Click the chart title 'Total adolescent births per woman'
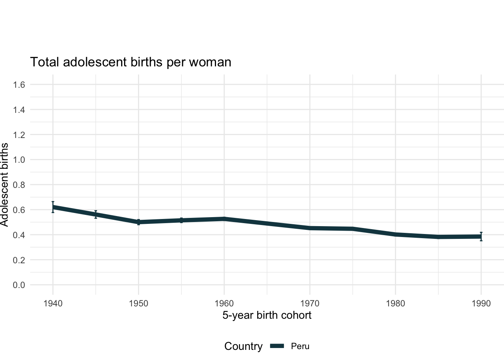pyautogui.click(x=130, y=62)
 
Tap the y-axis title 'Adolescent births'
pyautogui.click(x=4, y=184)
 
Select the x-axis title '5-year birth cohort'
pyautogui.click(x=267, y=315)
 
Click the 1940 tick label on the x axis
pyautogui.click(x=53, y=303)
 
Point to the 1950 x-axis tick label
pyautogui.click(x=138, y=303)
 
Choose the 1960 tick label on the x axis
pyautogui.click(x=224, y=303)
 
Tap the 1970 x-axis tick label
pyautogui.click(x=310, y=303)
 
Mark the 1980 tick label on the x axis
pyautogui.click(x=395, y=303)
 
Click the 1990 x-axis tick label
pyautogui.click(x=481, y=303)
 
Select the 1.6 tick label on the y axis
pyautogui.click(x=19, y=85)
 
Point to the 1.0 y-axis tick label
pyautogui.click(x=19, y=160)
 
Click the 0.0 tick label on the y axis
pyautogui.click(x=19, y=285)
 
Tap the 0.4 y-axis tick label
pyautogui.click(x=19, y=235)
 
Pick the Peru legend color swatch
pyautogui.click(x=277, y=346)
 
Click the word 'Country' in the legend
pyautogui.click(x=243, y=346)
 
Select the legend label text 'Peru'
pyautogui.click(x=300, y=346)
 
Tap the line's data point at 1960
pyautogui.click(x=224, y=219)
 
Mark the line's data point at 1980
pyautogui.click(x=395, y=235)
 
